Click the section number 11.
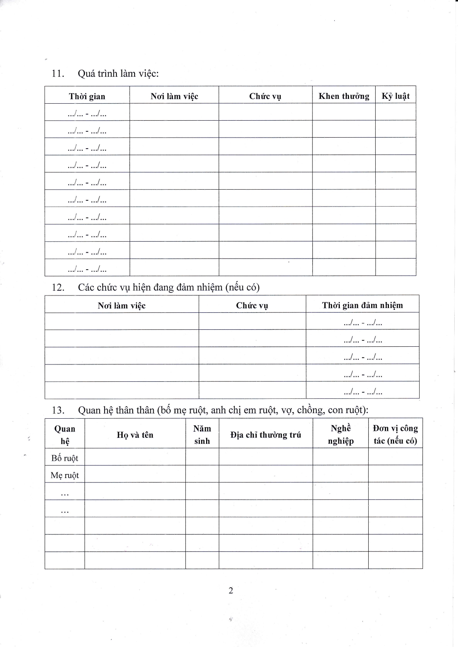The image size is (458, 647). [x=58, y=73]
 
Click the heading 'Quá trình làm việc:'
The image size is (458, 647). [x=118, y=73]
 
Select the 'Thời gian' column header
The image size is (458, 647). [x=87, y=96]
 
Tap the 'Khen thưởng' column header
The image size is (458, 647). [x=344, y=96]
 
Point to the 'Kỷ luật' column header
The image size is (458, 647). [x=396, y=96]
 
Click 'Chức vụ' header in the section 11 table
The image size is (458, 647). [x=265, y=96]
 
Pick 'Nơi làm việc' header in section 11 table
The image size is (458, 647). [x=174, y=96]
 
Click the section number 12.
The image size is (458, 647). [x=58, y=287]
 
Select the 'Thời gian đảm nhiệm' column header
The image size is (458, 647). [x=362, y=305]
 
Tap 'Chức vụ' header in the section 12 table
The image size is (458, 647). [x=252, y=305]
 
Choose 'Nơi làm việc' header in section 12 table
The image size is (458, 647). [x=122, y=305]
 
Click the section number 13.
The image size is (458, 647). [x=58, y=410]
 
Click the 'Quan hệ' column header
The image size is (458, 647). [x=65, y=435]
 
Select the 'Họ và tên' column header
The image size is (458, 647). [x=135, y=435]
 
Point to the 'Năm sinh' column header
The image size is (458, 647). [x=202, y=435]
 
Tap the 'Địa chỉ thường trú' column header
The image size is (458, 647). [x=266, y=435]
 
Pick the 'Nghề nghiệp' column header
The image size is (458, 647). [x=341, y=435]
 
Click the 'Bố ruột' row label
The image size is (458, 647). [x=65, y=458]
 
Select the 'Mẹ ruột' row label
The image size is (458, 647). [x=65, y=475]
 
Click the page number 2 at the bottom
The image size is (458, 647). [x=231, y=591]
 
